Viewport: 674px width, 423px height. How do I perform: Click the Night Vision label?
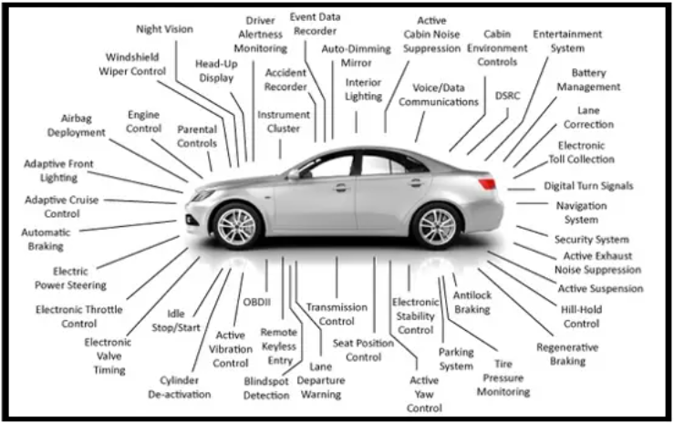(x=165, y=29)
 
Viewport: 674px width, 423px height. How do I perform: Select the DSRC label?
(x=508, y=96)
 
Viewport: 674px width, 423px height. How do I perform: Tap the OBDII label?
(x=257, y=302)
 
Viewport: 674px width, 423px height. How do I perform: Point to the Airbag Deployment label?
(x=77, y=126)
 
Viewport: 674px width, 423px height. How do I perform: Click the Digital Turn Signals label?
(x=588, y=186)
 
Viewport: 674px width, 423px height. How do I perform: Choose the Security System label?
(x=592, y=240)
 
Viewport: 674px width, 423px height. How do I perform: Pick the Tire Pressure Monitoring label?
(x=503, y=378)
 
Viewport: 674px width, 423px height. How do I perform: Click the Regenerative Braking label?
(x=567, y=355)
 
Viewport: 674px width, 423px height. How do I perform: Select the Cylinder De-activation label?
(x=180, y=387)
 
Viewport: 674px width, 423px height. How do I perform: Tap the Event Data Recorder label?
(x=315, y=24)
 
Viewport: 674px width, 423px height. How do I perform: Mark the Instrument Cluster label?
(x=284, y=121)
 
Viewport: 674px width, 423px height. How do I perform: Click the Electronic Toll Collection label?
(x=582, y=152)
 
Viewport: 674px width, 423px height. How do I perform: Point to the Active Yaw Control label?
(x=424, y=394)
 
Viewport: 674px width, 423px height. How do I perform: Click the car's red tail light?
(x=487, y=183)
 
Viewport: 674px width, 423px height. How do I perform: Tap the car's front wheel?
(x=237, y=226)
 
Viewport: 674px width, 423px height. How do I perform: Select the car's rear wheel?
(x=436, y=226)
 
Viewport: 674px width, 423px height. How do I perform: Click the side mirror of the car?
(x=295, y=174)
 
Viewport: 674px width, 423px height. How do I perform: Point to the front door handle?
(x=341, y=188)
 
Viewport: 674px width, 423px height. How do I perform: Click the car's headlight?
(x=202, y=196)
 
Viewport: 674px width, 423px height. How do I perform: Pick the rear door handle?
(x=416, y=182)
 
